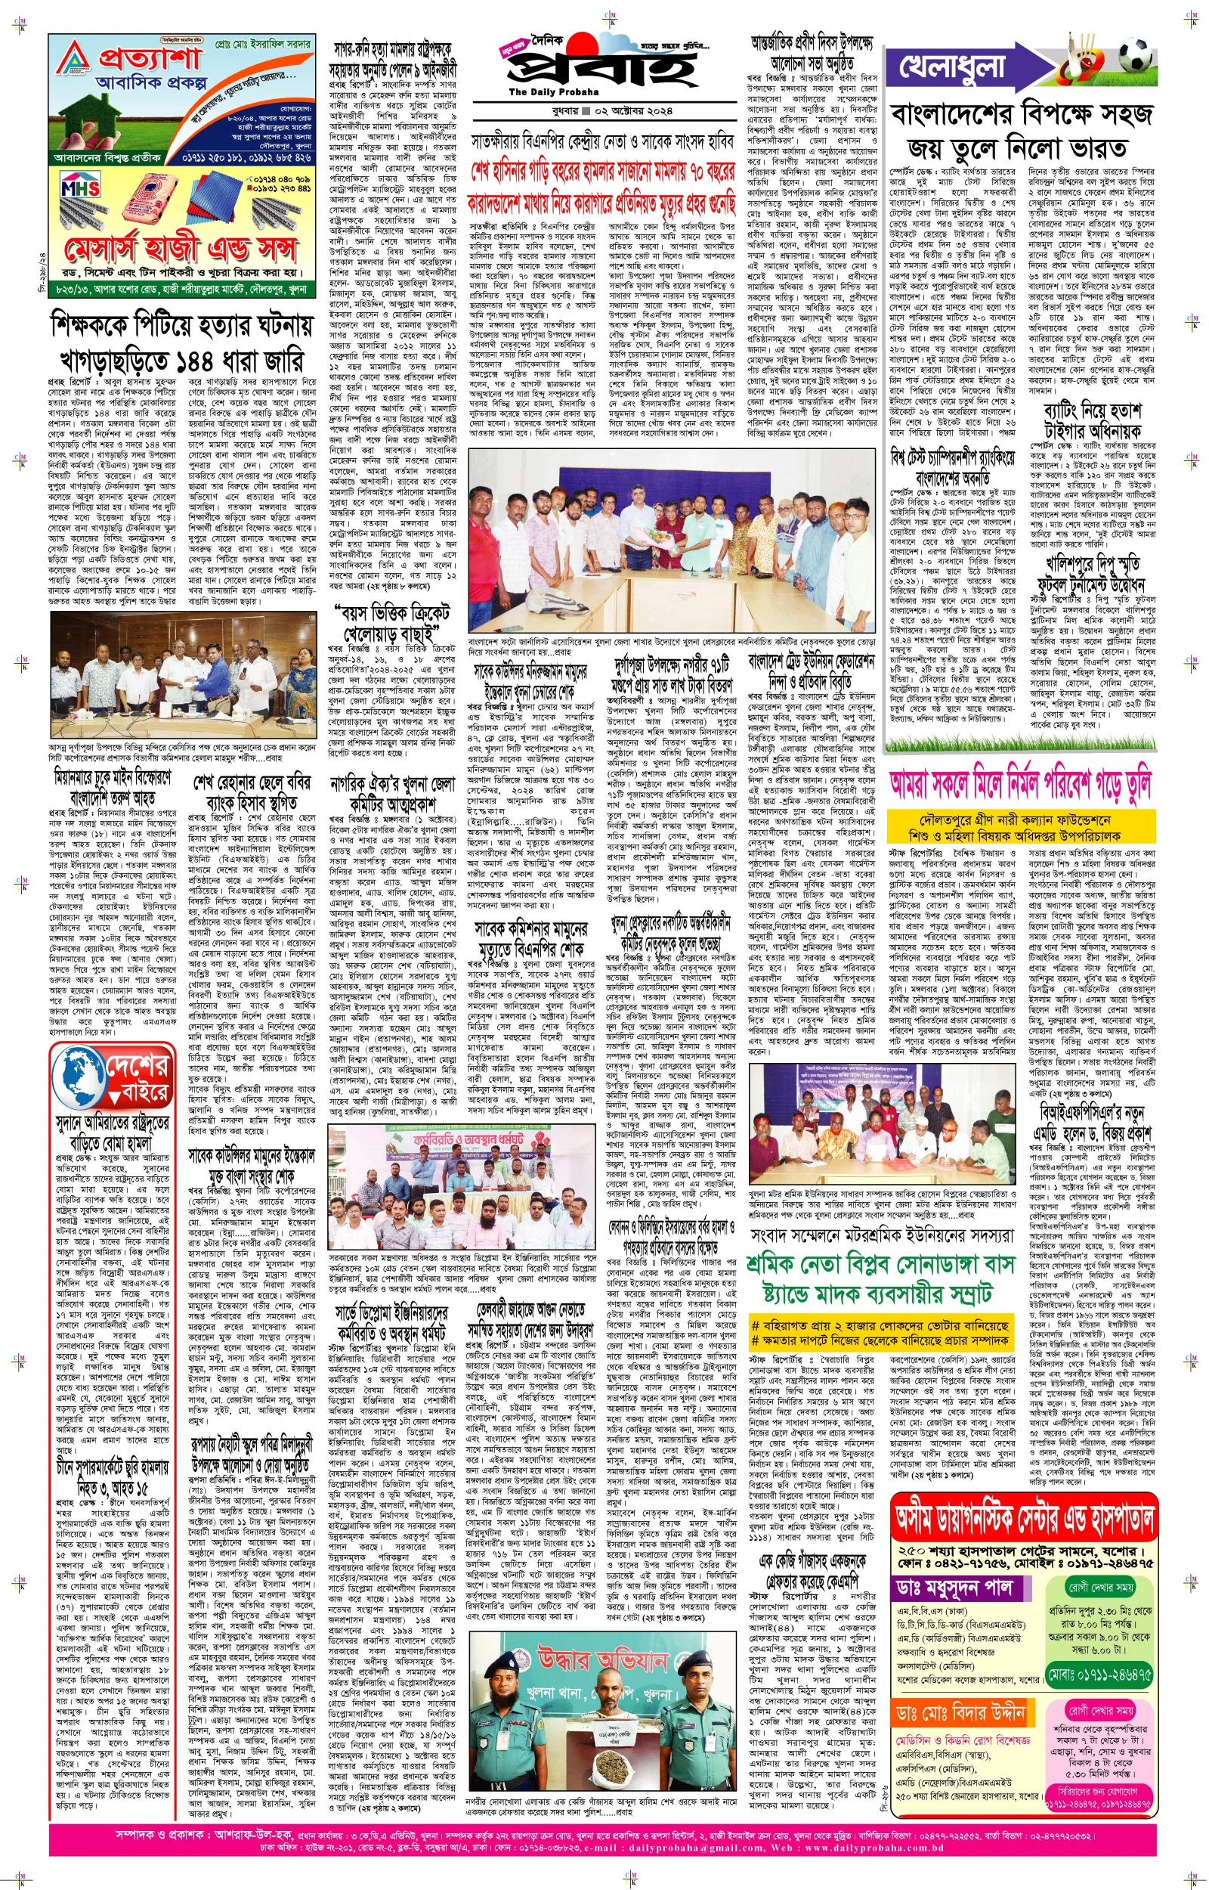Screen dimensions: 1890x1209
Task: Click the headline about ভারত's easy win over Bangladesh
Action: pyautogui.click(x=1021, y=130)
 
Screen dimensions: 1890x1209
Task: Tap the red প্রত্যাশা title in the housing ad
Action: pyautogui.click(x=149, y=57)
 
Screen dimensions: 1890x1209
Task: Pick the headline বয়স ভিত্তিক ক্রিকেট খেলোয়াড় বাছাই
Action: pyautogui.click(x=390, y=623)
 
